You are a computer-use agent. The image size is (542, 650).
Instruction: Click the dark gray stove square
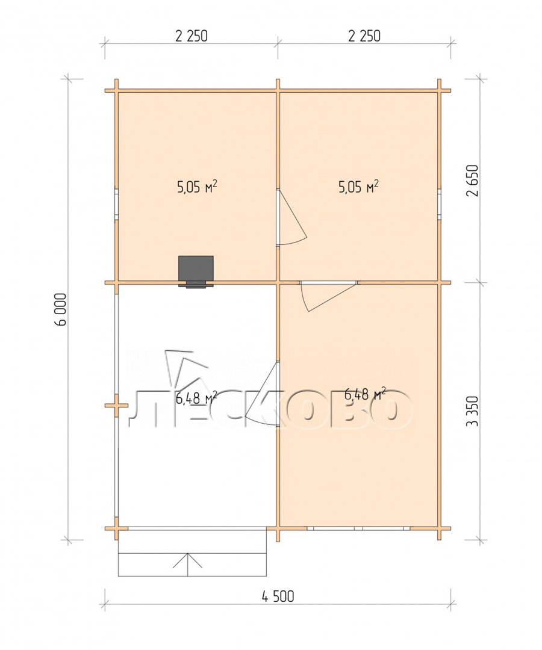(x=196, y=269)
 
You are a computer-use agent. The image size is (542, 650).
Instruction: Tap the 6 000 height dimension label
(x=61, y=310)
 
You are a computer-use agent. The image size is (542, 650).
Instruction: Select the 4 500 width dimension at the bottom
(x=278, y=596)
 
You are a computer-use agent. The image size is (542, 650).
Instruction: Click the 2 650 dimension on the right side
(x=474, y=181)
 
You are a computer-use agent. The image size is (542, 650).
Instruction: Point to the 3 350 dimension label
(x=474, y=411)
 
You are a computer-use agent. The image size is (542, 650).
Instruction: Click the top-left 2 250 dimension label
(x=191, y=36)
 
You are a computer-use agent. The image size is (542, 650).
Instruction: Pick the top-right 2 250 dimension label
(x=364, y=36)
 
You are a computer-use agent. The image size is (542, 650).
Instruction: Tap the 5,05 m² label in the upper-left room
(x=198, y=187)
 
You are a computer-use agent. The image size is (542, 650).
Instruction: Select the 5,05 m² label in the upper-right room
(x=359, y=187)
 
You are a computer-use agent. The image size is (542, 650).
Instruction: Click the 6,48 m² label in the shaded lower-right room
(x=366, y=394)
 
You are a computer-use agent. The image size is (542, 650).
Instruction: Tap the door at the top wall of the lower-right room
(x=328, y=296)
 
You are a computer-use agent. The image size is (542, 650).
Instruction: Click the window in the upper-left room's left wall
(x=117, y=205)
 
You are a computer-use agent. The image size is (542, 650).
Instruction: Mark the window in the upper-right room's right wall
(x=439, y=205)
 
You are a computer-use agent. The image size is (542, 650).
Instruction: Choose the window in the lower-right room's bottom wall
(x=358, y=528)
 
